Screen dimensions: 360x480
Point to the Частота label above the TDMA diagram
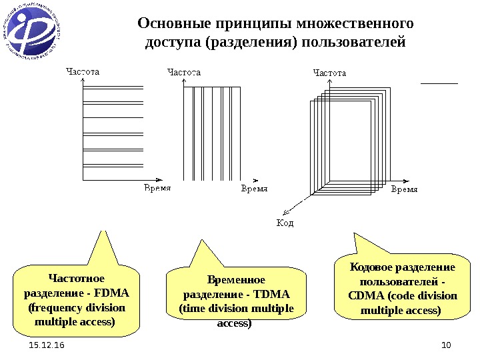(183, 71)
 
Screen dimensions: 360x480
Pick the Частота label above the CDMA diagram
(329, 71)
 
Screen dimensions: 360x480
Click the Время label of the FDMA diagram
(158, 189)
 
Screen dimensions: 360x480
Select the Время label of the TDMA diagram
(253, 189)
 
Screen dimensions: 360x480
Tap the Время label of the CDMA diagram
(403, 189)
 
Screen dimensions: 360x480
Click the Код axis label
(285, 223)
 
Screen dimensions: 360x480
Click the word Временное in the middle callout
(236, 280)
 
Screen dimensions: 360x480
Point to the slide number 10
(446, 345)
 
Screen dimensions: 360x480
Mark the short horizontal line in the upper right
(440, 83)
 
